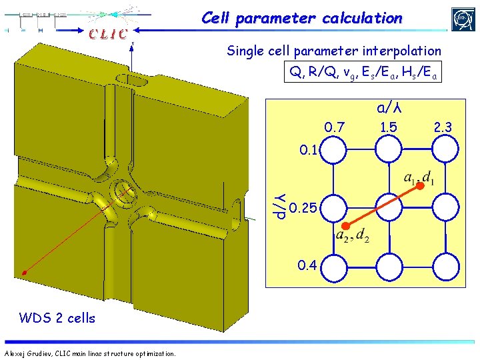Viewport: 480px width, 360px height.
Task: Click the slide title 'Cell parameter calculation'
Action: coord(302,19)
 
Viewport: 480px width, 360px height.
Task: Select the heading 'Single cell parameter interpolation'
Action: coord(333,51)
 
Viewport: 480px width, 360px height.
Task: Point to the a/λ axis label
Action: coord(392,107)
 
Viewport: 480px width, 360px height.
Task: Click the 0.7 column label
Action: coord(334,127)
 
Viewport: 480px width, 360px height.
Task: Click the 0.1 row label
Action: coord(309,150)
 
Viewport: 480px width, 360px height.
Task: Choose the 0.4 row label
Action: coord(307,265)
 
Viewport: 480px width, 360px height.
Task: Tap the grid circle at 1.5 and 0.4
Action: coord(390,269)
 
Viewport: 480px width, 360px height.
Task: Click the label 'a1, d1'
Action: coord(420,178)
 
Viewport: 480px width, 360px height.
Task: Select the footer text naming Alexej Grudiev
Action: coord(90,353)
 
